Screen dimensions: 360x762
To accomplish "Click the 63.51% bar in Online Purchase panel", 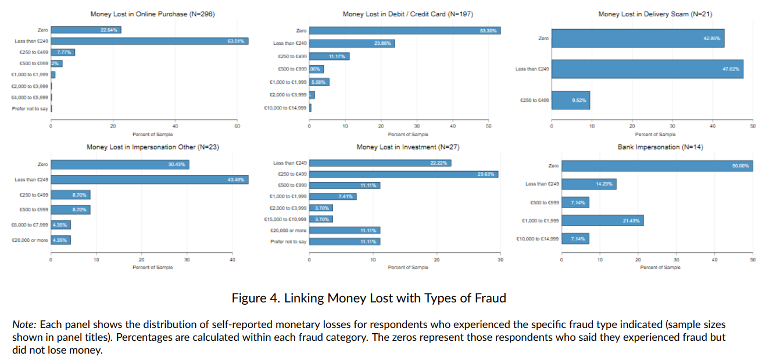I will tap(149, 41).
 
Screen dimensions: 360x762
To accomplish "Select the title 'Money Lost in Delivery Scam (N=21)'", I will tap(655, 14).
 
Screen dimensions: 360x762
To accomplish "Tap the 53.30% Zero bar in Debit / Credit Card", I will tap(405, 30).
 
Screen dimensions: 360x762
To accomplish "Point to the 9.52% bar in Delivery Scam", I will tap(571, 100).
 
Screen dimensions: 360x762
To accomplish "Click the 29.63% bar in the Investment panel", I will tap(403, 174).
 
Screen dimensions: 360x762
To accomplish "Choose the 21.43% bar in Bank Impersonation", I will tap(602, 220).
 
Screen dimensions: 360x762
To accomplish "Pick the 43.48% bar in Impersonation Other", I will tap(149, 180).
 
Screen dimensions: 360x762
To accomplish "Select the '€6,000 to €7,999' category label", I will tap(30, 224).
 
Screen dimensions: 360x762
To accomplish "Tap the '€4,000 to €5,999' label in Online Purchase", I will tap(30, 97).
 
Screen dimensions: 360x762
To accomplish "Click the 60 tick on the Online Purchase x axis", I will tap(237, 126).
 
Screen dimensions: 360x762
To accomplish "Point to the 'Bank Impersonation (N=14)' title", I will tap(660, 147).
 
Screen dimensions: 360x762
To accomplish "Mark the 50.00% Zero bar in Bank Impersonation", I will tap(657, 166).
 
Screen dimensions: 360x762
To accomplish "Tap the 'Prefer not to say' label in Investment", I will tap(288, 241).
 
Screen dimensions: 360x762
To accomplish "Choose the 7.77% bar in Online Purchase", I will tap(63, 52).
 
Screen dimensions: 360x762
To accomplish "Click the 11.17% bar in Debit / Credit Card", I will tap(329, 56).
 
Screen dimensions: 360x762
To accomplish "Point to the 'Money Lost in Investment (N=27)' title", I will tap(407, 147).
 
